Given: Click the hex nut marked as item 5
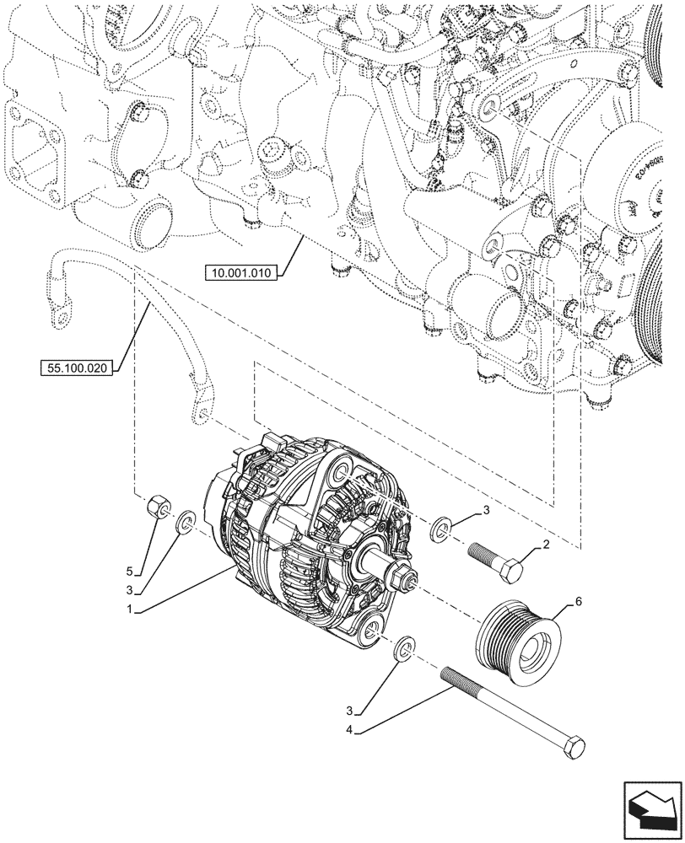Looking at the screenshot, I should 154,509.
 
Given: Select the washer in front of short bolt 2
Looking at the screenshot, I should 440,530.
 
